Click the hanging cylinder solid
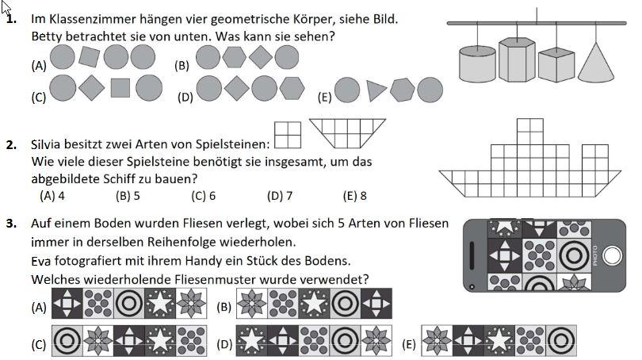477,63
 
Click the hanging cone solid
598,63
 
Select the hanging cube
556,64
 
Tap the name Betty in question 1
46,36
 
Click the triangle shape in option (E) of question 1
376,90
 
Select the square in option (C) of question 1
120,86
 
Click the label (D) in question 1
186,97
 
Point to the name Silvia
47,144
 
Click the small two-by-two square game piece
288,134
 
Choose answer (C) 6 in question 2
204,196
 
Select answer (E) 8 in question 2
354,196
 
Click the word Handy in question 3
257,260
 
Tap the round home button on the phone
612,255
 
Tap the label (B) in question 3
224,307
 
